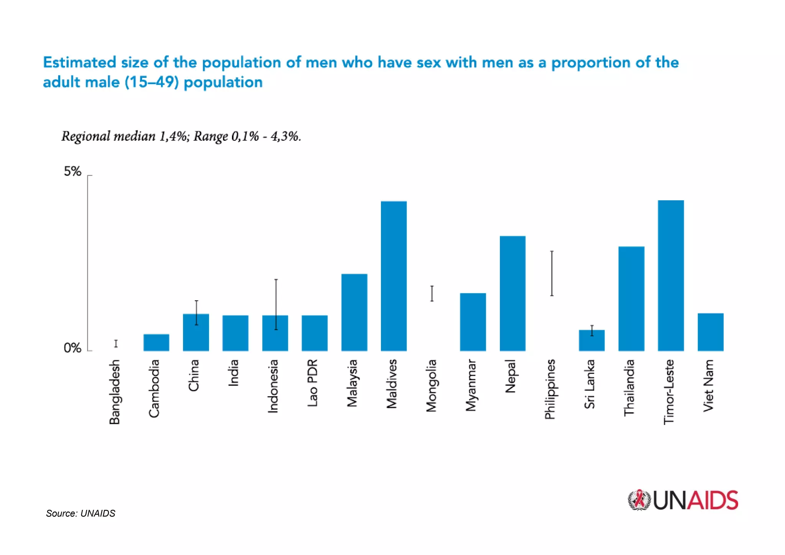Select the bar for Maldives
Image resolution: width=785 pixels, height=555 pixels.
(x=394, y=276)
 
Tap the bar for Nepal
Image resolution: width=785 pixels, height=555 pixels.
(x=512, y=293)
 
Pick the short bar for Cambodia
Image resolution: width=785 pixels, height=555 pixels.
(x=156, y=343)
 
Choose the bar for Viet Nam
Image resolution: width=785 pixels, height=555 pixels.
(x=710, y=332)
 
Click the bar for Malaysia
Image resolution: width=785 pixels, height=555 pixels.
(x=354, y=312)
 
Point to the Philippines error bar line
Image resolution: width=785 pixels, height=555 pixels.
(x=552, y=273)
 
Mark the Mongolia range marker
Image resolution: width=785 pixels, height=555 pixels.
(x=432, y=293)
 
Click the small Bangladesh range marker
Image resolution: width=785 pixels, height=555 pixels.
(x=116, y=343)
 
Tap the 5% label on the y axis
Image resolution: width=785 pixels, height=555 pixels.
(x=72, y=171)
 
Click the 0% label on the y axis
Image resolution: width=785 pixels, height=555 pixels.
(x=72, y=348)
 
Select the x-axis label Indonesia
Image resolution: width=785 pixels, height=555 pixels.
(x=273, y=386)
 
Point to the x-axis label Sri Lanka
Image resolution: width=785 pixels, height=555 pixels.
(x=590, y=384)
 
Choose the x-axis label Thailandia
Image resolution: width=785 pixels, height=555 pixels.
(x=629, y=387)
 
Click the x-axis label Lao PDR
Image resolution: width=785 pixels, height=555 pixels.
(x=312, y=383)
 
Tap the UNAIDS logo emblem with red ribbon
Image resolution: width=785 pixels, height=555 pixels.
(x=639, y=500)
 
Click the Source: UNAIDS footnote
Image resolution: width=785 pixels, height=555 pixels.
(x=80, y=513)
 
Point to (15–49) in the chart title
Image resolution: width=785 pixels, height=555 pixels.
(x=152, y=82)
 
